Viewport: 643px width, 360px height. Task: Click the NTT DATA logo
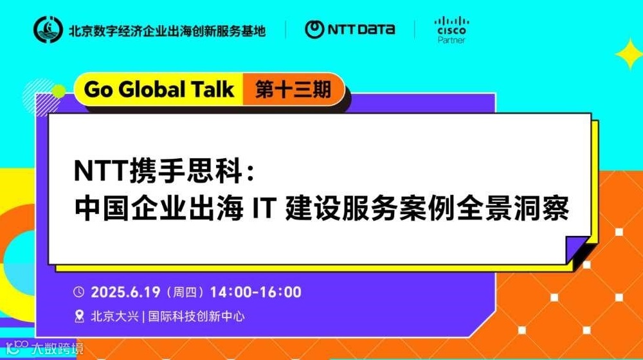pos(350,29)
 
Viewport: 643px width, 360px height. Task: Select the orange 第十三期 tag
pos(293,89)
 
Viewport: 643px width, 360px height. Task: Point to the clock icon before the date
pos(79,292)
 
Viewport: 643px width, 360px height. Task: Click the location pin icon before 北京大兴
pos(79,316)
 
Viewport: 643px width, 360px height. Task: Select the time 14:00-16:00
pos(255,292)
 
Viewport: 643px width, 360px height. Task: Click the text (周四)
pos(185,292)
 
